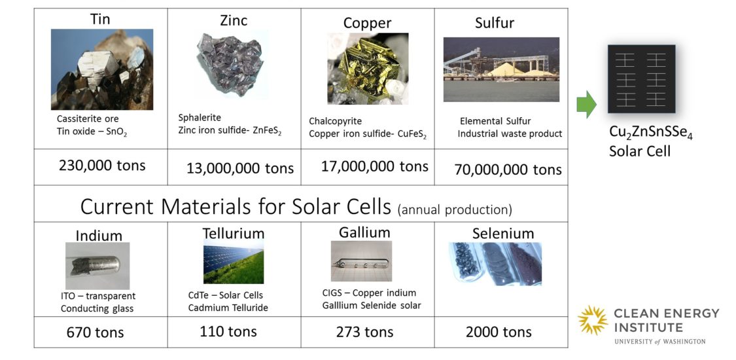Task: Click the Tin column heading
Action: [100, 19]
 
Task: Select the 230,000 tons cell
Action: [102, 165]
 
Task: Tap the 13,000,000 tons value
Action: [240, 168]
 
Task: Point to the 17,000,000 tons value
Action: [375, 166]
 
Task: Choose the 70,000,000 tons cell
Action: [508, 170]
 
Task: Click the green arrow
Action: [586, 104]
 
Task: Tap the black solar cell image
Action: [641, 79]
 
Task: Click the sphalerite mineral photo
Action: [230, 64]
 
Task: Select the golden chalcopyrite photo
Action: [368, 69]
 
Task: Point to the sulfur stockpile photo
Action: [501, 69]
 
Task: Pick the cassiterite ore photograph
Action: [102, 69]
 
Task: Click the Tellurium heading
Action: [234, 233]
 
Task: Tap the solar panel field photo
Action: [234, 261]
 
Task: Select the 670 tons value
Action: [96, 333]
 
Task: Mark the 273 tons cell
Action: [364, 332]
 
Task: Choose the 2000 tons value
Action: [499, 332]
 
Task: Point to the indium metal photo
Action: [97, 266]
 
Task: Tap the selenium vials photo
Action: [495, 264]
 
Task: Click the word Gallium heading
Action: [364, 232]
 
